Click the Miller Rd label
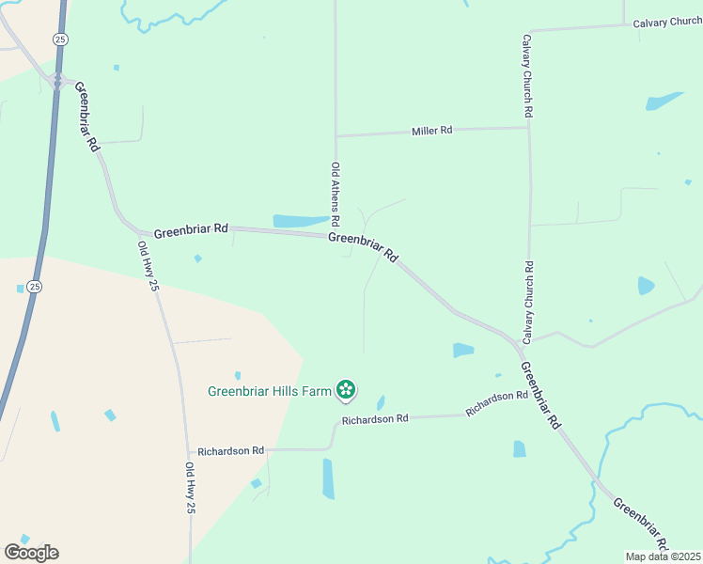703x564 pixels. [432, 131]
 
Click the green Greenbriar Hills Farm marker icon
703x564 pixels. [346, 389]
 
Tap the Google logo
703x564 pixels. [31, 553]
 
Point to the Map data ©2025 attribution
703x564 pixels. [663, 556]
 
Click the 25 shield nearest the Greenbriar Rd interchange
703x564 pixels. [61, 39]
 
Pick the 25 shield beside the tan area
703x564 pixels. [34, 287]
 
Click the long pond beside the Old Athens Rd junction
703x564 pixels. [301, 221]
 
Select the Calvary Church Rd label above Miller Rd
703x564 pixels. [528, 76]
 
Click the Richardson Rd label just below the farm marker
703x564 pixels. [375, 418]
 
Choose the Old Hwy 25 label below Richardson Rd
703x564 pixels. [190, 488]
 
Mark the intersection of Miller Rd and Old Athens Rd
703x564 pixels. [336, 135]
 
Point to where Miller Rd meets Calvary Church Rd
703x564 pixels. [528, 127]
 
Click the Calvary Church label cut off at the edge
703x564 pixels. [666, 23]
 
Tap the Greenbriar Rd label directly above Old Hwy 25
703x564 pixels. [191, 228]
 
